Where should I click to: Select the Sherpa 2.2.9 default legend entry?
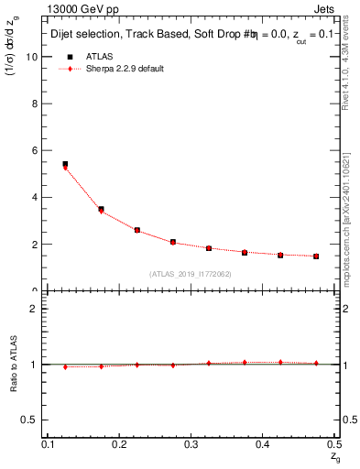131,70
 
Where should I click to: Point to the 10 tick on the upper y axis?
37,56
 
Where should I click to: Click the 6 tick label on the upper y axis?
38,150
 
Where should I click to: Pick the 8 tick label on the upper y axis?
38,103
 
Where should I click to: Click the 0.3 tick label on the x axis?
191,445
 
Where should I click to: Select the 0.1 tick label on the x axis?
49,445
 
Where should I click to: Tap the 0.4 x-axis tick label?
262,445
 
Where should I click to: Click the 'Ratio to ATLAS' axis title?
16,364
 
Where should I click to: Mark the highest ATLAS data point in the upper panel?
65,165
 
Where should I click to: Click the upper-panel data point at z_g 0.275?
173,242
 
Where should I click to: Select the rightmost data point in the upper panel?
316,256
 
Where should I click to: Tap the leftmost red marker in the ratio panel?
65,366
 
